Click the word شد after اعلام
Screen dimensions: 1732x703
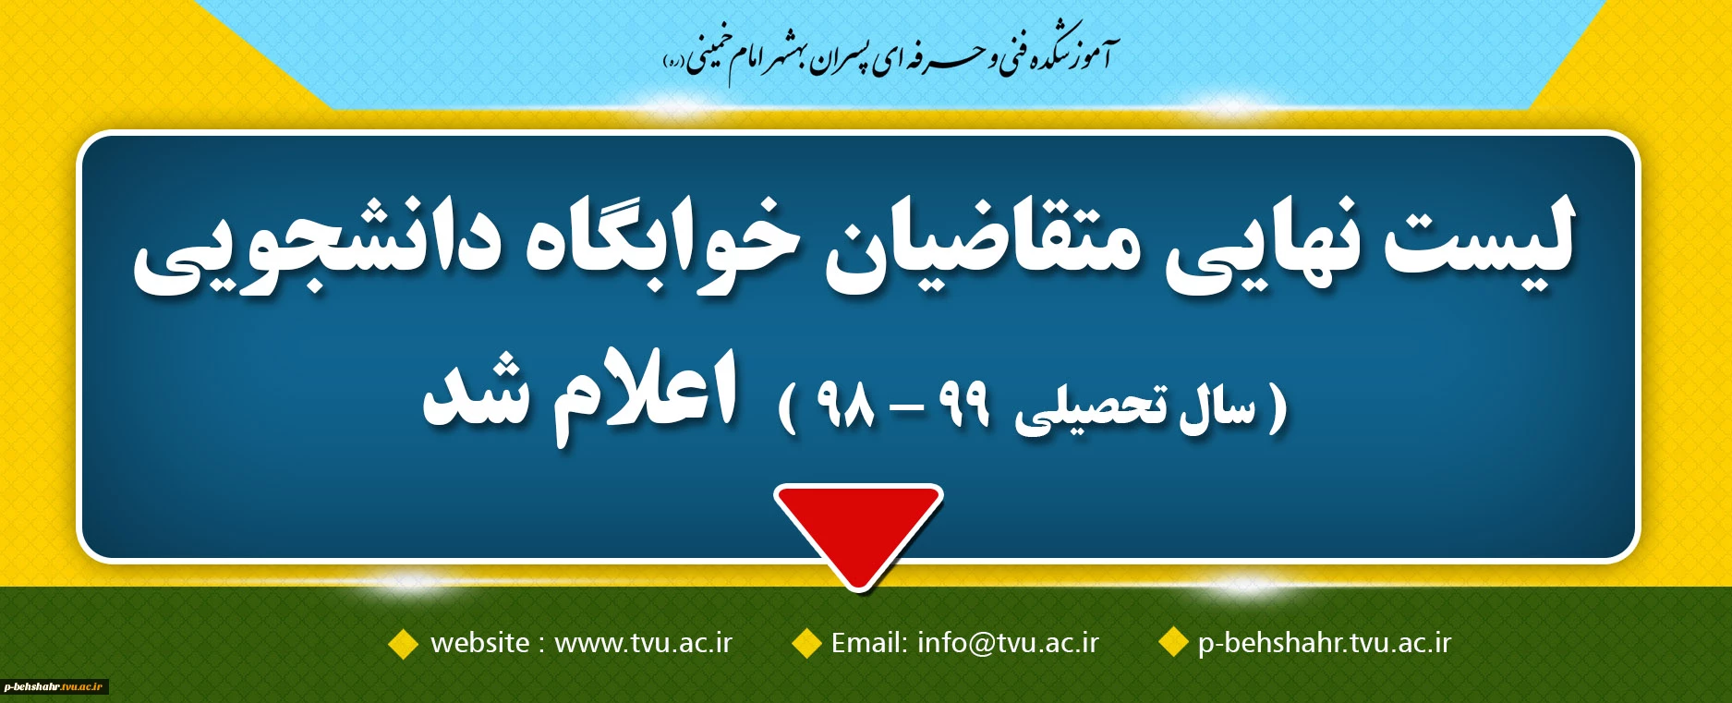tap(477, 396)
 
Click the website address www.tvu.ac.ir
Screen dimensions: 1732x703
tap(643, 643)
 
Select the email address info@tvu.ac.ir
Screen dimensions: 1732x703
tap(1008, 643)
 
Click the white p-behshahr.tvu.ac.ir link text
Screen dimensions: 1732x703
tap(1325, 643)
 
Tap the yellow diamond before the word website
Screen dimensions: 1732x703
tap(404, 643)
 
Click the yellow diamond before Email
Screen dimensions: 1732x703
tap(807, 643)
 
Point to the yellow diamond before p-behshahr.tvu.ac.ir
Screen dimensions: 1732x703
tap(1173, 642)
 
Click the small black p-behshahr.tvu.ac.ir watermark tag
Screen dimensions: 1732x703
tap(55, 686)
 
